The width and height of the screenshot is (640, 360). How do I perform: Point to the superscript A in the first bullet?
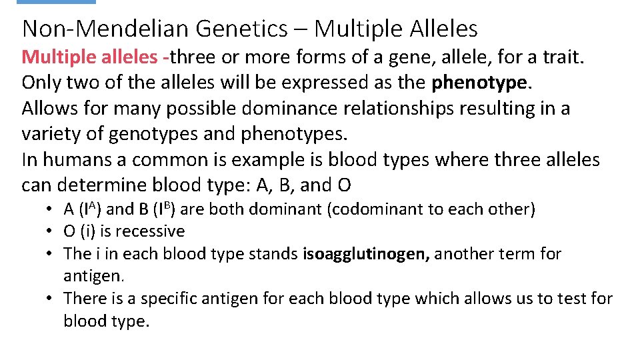93,205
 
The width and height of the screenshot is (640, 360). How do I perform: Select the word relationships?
387,109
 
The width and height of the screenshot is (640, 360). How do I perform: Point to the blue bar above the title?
56,2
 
